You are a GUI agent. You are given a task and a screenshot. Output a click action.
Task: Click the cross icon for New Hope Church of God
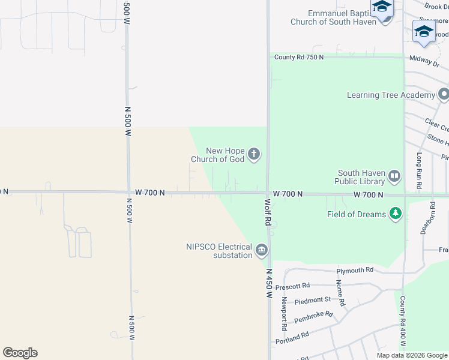point(254,155)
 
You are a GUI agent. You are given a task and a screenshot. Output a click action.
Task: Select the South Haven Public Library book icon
point(394,176)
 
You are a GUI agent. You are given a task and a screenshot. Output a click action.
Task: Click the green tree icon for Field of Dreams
point(395,214)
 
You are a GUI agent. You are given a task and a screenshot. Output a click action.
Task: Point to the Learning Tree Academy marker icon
point(444,95)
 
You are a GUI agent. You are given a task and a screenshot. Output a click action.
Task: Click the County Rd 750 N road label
point(299,57)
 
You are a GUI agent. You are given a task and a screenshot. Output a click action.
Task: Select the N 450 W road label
point(269,283)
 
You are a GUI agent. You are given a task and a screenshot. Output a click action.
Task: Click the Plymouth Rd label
point(354,270)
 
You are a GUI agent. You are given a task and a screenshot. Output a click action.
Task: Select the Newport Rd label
point(284,314)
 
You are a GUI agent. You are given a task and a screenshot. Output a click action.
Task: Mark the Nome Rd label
point(340,293)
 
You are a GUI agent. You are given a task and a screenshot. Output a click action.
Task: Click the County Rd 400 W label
point(403,322)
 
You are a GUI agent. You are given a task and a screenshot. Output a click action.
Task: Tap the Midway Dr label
point(424,59)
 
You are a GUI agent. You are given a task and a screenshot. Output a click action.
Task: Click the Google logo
point(20,353)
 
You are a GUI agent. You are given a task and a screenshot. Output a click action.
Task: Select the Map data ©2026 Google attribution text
point(411,355)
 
